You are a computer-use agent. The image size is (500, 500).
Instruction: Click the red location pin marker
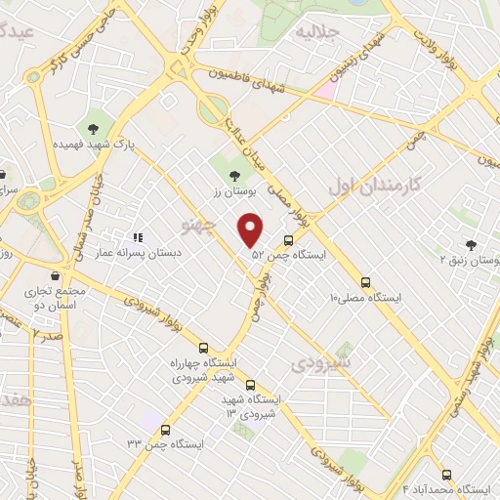coord(252,230)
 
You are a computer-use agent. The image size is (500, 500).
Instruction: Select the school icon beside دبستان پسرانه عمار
coord(137,236)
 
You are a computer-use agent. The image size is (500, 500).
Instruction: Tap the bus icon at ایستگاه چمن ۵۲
coord(288,239)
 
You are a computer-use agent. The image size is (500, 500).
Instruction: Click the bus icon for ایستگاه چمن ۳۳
coord(165,430)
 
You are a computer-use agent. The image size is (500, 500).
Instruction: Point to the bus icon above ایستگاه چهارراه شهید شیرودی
coord(203,348)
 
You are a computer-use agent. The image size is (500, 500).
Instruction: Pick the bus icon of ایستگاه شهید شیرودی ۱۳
coord(251,385)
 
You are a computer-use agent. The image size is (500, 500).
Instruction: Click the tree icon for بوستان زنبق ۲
coord(472,246)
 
